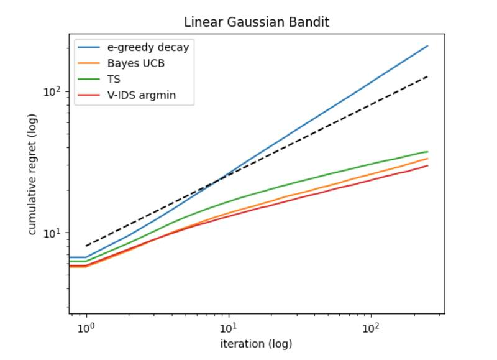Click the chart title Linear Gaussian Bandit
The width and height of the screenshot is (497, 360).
(x=256, y=22)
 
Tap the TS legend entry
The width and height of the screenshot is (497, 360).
(x=114, y=80)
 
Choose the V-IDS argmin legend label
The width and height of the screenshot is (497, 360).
(x=142, y=96)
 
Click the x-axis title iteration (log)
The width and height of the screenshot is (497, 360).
(x=256, y=344)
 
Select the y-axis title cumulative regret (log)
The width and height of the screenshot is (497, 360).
(x=32, y=174)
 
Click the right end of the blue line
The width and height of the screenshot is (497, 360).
(x=427, y=46)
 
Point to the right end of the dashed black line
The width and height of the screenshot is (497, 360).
(x=427, y=76)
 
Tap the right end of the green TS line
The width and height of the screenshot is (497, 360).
(x=427, y=152)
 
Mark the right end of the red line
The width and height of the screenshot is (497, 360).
(x=427, y=165)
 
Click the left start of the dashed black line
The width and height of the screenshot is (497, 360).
(x=86, y=246)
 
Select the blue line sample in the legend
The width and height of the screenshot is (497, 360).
(x=89, y=47)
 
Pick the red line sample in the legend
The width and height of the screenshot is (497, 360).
(x=89, y=96)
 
